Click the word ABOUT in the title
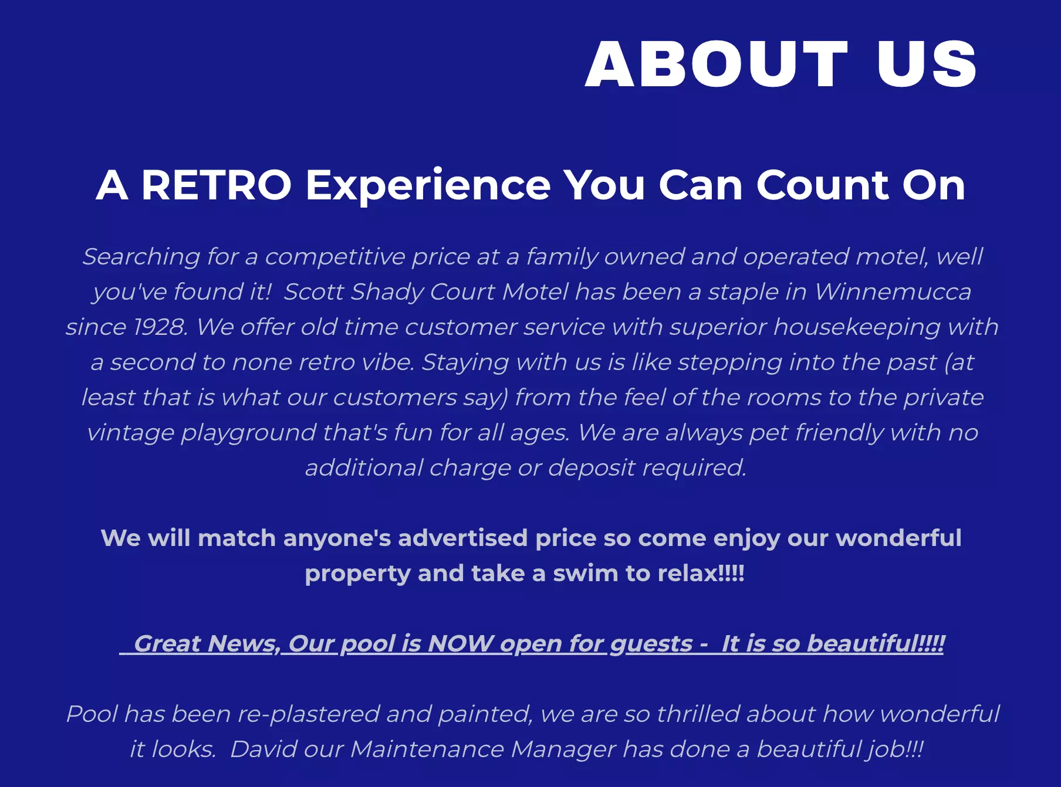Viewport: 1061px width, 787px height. (717, 65)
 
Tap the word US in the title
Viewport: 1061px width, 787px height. (927, 65)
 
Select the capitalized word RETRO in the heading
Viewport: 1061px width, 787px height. (217, 185)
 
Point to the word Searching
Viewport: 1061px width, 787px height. (141, 257)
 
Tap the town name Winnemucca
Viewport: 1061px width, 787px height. (893, 291)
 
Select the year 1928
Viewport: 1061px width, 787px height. (160, 327)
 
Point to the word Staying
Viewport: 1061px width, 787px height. (465, 362)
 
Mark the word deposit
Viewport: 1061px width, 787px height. (592, 468)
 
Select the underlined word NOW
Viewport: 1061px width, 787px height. (461, 643)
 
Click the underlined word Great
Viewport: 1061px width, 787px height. (167, 643)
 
